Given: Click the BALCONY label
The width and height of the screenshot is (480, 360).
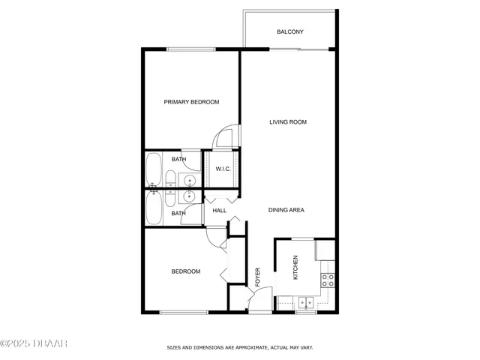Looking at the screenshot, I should pyautogui.click(x=289, y=31).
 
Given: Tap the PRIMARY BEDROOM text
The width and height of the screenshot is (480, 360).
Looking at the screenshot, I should pyautogui.click(x=191, y=102).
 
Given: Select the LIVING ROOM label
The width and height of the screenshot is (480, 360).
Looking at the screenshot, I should pyautogui.click(x=288, y=121).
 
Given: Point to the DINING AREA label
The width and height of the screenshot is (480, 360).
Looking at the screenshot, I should pyautogui.click(x=286, y=210).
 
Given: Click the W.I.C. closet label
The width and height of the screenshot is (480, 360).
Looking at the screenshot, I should pyautogui.click(x=223, y=169).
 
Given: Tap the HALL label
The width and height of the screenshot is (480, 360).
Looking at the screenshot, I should pyautogui.click(x=220, y=211).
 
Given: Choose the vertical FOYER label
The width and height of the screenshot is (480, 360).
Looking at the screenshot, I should pyautogui.click(x=257, y=277).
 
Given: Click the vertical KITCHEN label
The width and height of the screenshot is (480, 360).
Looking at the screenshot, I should pyautogui.click(x=295, y=268).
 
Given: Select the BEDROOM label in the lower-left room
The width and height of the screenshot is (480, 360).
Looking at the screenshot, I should pyautogui.click(x=186, y=271).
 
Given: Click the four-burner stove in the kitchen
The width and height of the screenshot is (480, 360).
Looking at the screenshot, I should pyautogui.click(x=328, y=280).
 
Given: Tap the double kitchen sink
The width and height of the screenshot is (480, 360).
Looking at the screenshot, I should pyautogui.click(x=305, y=303).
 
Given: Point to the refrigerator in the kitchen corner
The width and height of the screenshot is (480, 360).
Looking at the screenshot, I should pyautogui.click(x=325, y=249).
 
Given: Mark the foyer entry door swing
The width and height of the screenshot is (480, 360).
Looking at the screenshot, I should pyautogui.click(x=257, y=302).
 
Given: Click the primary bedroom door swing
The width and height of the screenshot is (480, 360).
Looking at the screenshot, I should pyautogui.click(x=225, y=137).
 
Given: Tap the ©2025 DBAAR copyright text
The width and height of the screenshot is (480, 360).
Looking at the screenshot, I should pyautogui.click(x=34, y=344).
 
